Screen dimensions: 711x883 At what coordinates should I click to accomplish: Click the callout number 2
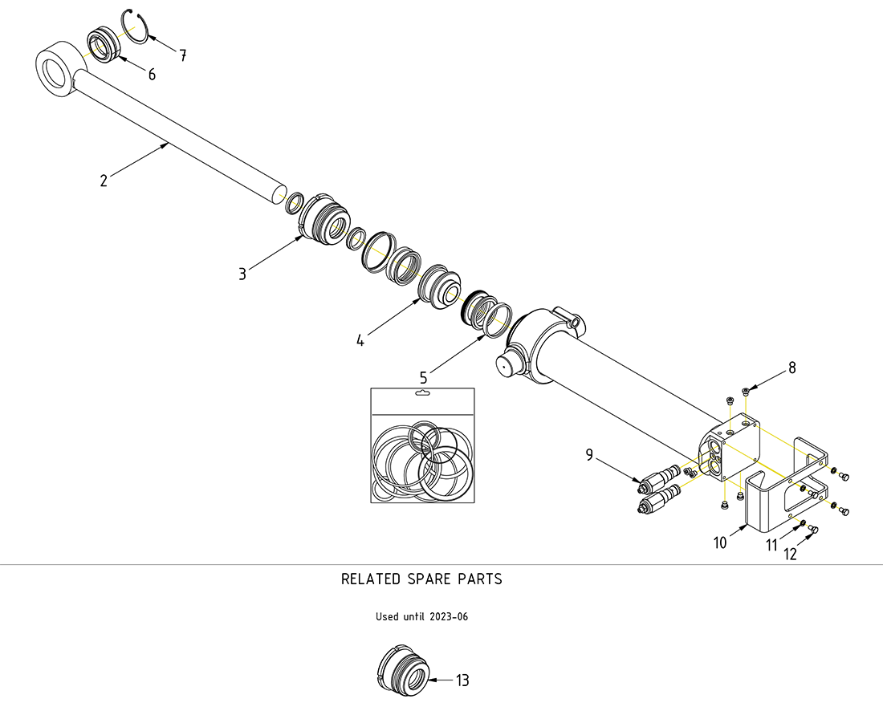tap(104, 181)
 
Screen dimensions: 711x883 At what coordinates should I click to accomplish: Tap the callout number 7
tap(183, 55)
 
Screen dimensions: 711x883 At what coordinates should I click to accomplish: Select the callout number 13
tap(462, 681)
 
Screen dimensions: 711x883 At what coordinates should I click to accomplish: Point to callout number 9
tap(589, 456)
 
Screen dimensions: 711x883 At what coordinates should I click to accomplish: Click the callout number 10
tap(720, 543)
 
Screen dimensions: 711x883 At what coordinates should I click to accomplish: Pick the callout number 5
tap(423, 376)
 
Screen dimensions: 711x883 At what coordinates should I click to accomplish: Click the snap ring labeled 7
tap(137, 30)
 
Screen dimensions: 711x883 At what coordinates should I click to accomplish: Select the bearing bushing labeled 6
tap(102, 44)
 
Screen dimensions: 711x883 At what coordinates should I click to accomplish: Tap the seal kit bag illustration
tap(421, 445)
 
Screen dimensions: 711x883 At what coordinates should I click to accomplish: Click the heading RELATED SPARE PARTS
tap(421, 579)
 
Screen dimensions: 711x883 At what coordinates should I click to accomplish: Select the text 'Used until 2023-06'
tap(421, 617)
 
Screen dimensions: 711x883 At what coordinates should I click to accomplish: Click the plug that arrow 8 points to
tap(747, 392)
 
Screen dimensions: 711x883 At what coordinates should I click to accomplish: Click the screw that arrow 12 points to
tap(812, 529)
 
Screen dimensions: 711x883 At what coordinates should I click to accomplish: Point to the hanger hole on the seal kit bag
tap(421, 394)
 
